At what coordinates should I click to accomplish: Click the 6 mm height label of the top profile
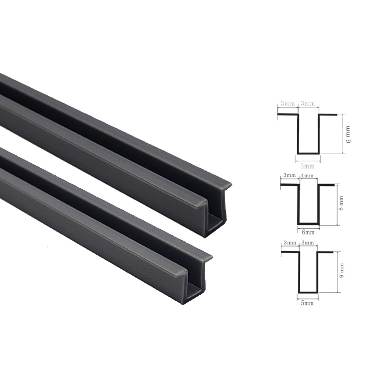tap(348, 134)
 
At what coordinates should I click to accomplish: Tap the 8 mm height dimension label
tap(341, 203)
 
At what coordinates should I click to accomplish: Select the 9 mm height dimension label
tap(341, 270)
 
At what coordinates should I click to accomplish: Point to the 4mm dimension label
tap(307, 176)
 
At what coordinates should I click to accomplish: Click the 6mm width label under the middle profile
tap(308, 232)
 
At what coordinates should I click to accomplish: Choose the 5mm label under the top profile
tap(307, 166)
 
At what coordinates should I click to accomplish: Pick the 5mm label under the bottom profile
tap(307, 303)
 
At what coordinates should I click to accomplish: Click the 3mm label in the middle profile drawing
tap(289, 175)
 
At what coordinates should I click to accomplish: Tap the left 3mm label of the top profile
tap(287, 103)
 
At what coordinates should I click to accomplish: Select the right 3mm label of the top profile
tap(308, 103)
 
